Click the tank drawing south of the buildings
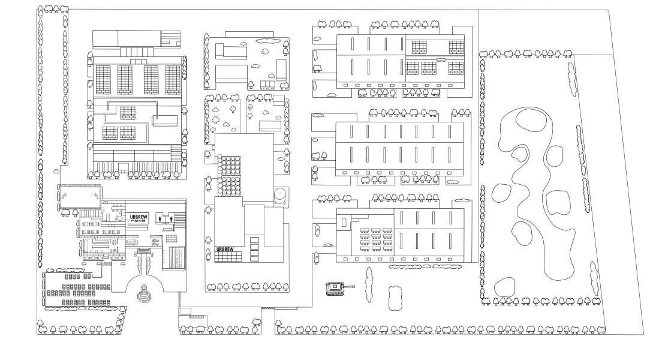click(x=334, y=289)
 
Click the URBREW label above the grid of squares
click(x=225, y=248)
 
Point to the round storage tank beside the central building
click(x=281, y=195)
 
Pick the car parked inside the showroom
click(x=131, y=242)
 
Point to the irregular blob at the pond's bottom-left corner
click(x=505, y=287)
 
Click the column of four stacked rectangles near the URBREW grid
click(x=255, y=248)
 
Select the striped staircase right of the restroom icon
click(x=179, y=218)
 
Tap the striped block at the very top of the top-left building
click(x=170, y=39)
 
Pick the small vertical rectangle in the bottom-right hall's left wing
click(x=344, y=223)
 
